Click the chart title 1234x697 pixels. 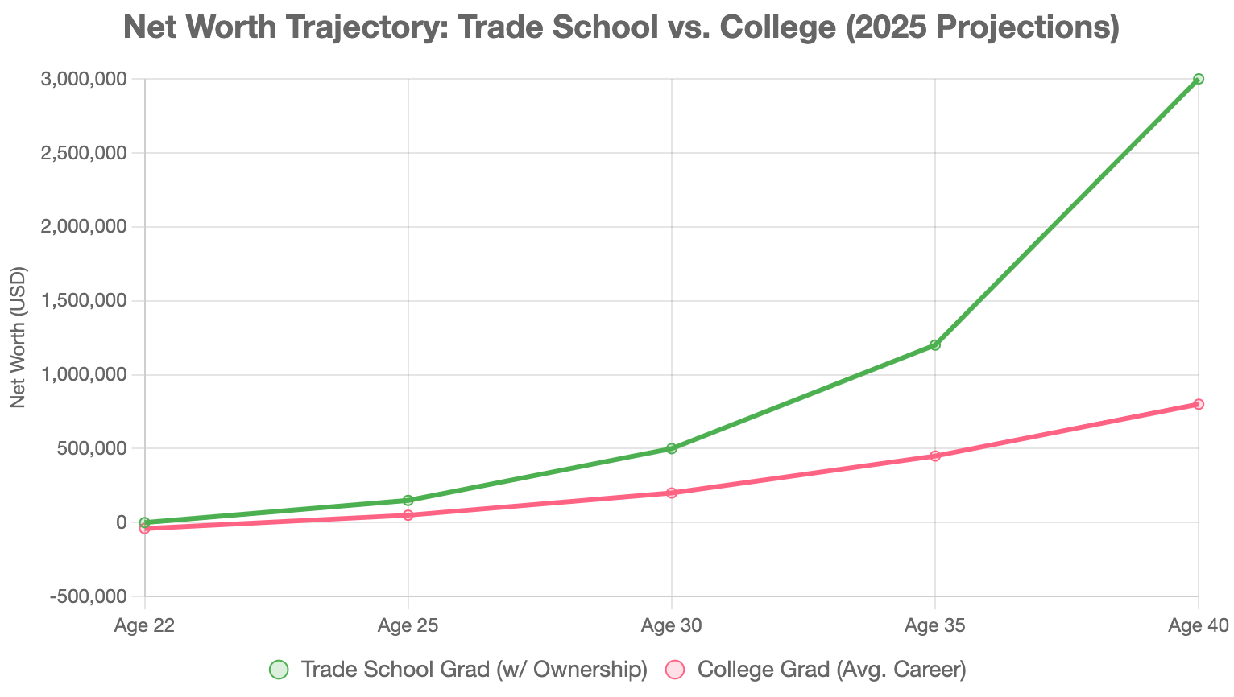tap(622, 28)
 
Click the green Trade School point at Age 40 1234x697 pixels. tap(1198, 79)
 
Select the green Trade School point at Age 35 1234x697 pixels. tap(934, 345)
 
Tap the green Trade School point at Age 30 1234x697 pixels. tap(671, 448)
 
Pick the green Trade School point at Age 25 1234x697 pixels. tap(408, 501)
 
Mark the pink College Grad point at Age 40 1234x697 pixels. tap(1198, 404)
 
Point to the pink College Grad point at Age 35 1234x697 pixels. tap(934, 456)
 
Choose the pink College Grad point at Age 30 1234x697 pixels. tap(671, 493)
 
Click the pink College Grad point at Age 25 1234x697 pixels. tap(408, 515)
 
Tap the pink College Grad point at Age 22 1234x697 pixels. tap(145, 529)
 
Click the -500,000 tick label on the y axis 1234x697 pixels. tap(88, 596)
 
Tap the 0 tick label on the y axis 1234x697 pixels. tap(122, 522)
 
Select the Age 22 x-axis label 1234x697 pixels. tap(145, 626)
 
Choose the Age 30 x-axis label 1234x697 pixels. tap(671, 626)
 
